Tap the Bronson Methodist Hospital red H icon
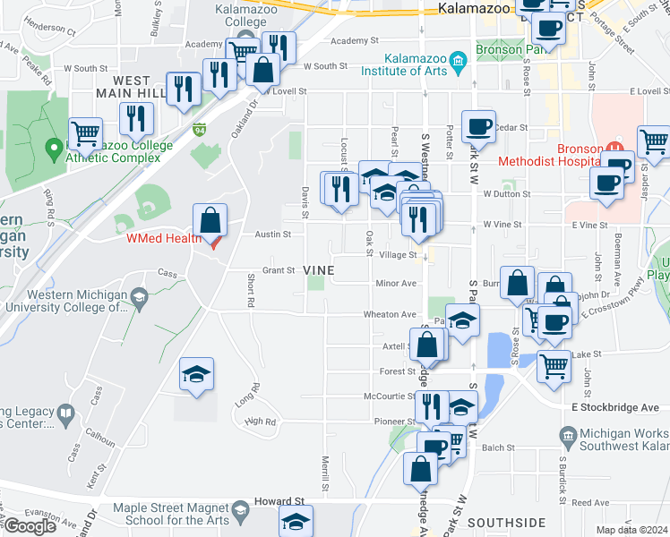[x=614, y=148]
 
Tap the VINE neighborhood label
[x=319, y=270]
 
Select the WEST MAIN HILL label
[x=132, y=87]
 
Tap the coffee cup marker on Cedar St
[x=478, y=126]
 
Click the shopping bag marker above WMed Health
[x=210, y=220]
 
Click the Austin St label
[x=273, y=234]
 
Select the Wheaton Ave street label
[x=390, y=314]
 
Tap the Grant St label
[x=278, y=270]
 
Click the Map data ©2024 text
[x=631, y=530]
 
